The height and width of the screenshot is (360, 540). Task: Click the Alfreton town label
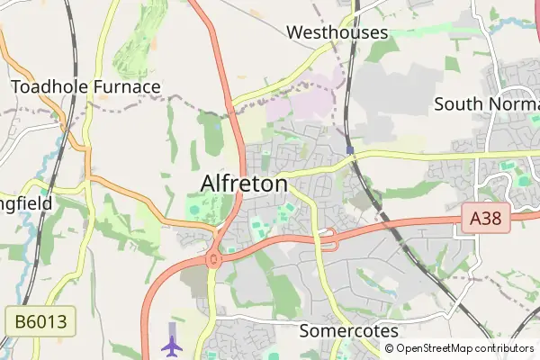coord(243,184)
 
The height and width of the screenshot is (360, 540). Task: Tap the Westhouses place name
coord(337,32)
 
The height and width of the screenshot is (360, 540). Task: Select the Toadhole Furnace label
coord(85,86)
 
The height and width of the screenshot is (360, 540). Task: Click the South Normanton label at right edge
coord(486,103)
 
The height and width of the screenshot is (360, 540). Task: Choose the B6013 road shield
coord(40,321)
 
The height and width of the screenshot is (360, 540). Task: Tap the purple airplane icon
coord(171,344)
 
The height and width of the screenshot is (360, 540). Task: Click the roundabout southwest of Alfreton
coord(214,260)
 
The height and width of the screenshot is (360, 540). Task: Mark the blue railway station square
coord(348,148)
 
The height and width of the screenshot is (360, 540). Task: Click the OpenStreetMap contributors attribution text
coord(464,348)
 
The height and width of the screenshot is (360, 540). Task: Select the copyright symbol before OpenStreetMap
coord(390,348)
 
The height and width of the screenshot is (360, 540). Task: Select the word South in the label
coord(456,103)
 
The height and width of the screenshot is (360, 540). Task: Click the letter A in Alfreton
coord(208,184)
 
